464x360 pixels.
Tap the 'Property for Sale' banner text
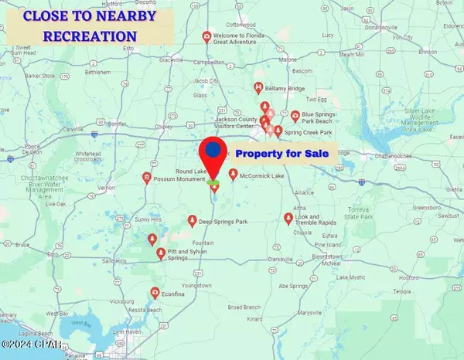click(x=282, y=154)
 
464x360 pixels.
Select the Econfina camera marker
click(x=155, y=292)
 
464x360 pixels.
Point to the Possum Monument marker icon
click(x=146, y=178)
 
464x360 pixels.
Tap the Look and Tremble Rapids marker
click(x=289, y=218)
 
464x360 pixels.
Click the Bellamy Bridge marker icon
click(x=258, y=89)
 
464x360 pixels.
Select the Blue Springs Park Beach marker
click(x=295, y=117)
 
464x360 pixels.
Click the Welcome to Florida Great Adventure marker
click(x=206, y=36)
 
